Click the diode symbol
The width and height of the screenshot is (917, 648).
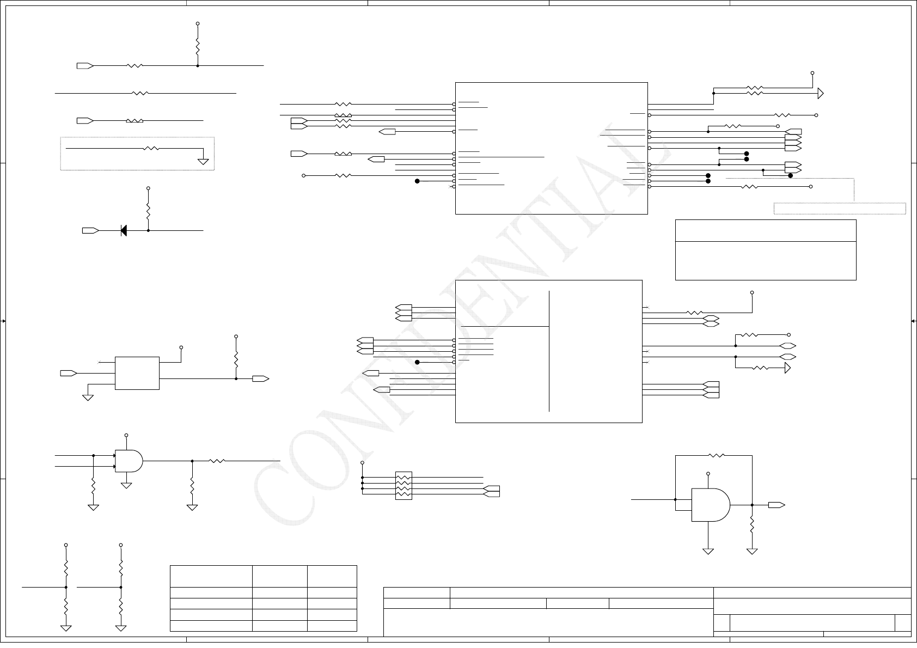123,231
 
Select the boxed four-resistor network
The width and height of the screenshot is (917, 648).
404,486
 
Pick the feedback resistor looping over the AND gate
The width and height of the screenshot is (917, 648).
716,455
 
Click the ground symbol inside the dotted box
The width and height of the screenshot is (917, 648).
203,161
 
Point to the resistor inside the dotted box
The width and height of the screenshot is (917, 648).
151,148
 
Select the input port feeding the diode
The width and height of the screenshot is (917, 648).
90,231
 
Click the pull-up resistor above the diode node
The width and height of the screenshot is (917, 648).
148,210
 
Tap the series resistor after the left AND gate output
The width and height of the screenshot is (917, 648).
217,461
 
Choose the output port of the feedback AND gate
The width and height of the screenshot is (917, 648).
777,505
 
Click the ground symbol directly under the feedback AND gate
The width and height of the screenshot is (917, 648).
708,551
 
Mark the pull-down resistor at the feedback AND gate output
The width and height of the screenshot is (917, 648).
752,525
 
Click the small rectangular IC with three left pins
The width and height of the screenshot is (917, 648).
137,373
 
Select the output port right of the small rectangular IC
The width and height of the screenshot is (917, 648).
260,378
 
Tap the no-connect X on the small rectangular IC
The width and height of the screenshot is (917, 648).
99,362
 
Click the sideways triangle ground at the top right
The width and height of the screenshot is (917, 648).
820,94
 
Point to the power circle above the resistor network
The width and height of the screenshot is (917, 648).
363,463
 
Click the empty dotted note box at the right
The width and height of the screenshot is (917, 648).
840,209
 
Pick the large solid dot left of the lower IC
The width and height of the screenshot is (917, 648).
417,362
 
